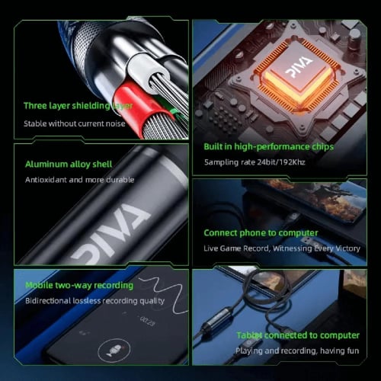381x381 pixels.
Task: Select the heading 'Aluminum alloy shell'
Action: pos(69,164)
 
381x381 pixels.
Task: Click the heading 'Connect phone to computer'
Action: pos(261,232)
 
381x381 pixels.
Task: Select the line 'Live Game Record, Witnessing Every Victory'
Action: pos(281,248)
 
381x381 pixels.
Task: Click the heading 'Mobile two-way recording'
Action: pos(78,286)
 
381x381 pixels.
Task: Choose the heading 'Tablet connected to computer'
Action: pos(297,335)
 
